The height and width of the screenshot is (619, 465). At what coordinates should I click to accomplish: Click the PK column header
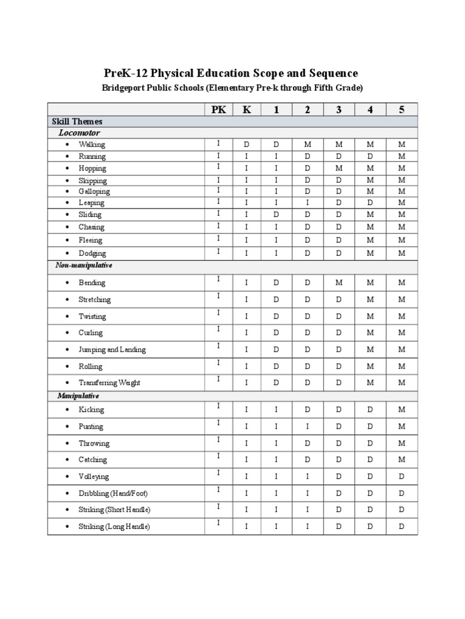[x=218, y=109]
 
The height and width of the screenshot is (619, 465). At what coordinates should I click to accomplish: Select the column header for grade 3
[x=339, y=109]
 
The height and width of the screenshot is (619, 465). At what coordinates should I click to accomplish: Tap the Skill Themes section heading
[x=77, y=122]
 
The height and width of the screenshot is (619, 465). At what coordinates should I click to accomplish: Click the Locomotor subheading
[x=79, y=132]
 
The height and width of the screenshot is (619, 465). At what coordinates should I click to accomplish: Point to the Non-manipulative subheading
[x=84, y=265]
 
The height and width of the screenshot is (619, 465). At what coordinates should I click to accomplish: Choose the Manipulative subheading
[x=78, y=395]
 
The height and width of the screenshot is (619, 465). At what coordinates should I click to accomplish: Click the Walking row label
[x=91, y=144]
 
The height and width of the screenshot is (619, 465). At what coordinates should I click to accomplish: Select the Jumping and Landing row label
[x=112, y=349]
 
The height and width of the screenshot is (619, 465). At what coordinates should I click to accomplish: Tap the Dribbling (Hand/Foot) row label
[x=113, y=493]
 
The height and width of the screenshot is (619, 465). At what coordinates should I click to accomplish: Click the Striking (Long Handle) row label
[x=114, y=527]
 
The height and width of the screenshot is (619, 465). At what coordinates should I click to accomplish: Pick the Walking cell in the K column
[x=246, y=144]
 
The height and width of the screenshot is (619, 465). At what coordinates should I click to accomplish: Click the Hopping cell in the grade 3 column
[x=339, y=168]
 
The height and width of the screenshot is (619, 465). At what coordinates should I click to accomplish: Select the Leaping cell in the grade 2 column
[x=308, y=203]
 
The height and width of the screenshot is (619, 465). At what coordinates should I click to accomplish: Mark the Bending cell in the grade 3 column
[x=339, y=282]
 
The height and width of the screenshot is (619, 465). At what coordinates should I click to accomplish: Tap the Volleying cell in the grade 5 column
[x=401, y=476]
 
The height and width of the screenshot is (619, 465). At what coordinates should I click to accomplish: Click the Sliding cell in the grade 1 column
[x=276, y=215]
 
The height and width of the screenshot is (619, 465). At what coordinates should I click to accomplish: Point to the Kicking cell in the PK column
[x=218, y=406]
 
